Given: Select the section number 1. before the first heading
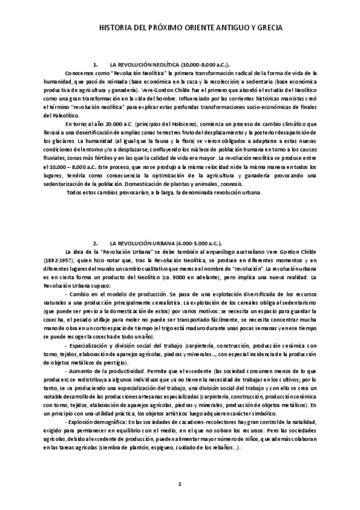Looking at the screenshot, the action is (96, 63).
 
